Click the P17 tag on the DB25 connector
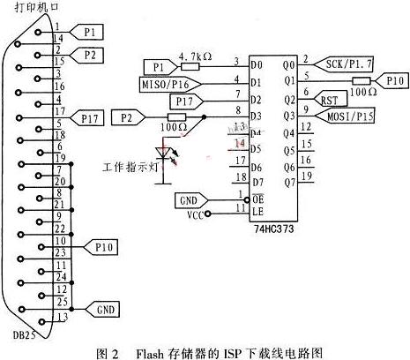(x=93, y=116)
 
